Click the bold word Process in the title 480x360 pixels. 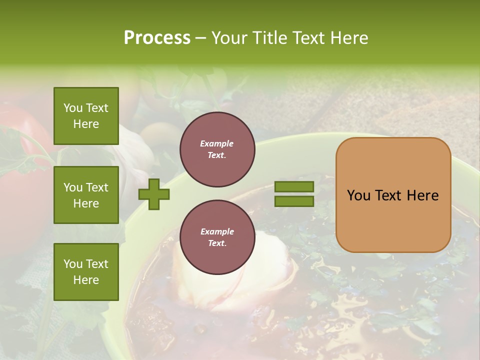(157, 37)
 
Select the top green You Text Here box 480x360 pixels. (86, 116)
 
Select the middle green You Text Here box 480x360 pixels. (86, 195)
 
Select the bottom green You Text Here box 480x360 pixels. (86, 271)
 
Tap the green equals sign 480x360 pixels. (294, 194)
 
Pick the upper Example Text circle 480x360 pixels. (217, 149)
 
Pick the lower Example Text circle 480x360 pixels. (217, 237)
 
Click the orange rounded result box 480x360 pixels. (393, 195)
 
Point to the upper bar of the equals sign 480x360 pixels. (294, 186)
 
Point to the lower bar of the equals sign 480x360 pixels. (294, 201)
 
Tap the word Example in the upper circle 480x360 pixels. (217, 143)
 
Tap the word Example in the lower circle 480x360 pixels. (217, 231)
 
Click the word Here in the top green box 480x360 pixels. (86, 124)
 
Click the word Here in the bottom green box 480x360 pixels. (86, 280)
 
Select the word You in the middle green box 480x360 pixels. (72, 187)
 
